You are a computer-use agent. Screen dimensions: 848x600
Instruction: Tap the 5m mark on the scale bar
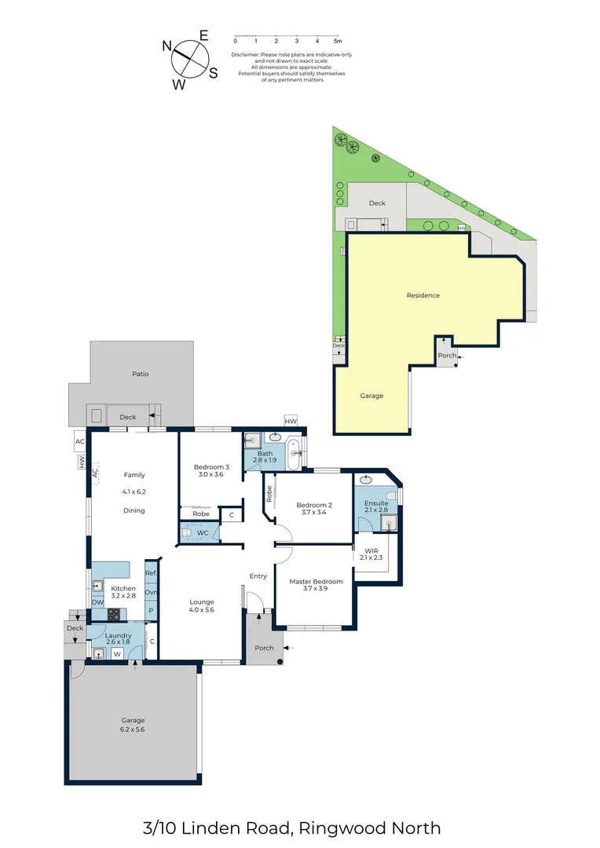(337, 41)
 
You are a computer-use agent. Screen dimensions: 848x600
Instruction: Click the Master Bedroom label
(316, 582)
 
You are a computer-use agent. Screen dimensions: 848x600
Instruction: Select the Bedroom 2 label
(314, 505)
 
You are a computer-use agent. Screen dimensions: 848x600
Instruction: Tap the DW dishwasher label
(97, 603)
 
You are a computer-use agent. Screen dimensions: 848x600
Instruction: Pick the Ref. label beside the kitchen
(151, 574)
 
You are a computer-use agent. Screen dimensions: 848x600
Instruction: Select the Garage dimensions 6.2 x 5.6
(133, 729)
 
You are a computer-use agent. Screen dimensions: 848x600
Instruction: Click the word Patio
(140, 374)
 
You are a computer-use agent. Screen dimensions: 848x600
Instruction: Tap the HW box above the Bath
(291, 422)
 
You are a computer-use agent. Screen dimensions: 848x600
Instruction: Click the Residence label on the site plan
(423, 295)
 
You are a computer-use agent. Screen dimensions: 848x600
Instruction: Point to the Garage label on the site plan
(371, 396)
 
